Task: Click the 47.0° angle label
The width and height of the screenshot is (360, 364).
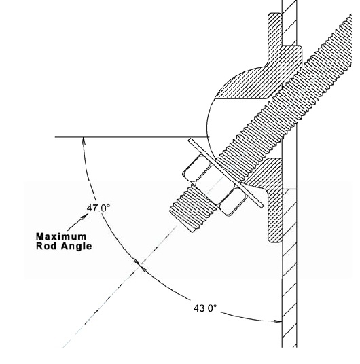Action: [98, 208]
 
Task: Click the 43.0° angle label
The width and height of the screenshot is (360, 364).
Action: [205, 308]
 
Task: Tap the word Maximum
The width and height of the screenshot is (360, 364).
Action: [61, 236]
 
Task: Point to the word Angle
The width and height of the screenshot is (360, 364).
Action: [76, 247]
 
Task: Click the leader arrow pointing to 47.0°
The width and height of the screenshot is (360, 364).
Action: [77, 222]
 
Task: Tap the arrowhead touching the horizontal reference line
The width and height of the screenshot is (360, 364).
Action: [84, 141]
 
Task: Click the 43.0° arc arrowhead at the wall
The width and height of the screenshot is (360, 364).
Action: [278, 321]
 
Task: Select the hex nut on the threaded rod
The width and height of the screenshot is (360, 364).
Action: [214, 185]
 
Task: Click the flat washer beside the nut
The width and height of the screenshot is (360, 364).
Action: [226, 173]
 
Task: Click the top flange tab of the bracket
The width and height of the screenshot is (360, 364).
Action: [275, 29]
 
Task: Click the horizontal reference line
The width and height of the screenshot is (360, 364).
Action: [132, 137]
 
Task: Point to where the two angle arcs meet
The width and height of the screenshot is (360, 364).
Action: [140, 266]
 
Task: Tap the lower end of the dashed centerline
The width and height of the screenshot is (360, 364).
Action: [64, 347]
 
